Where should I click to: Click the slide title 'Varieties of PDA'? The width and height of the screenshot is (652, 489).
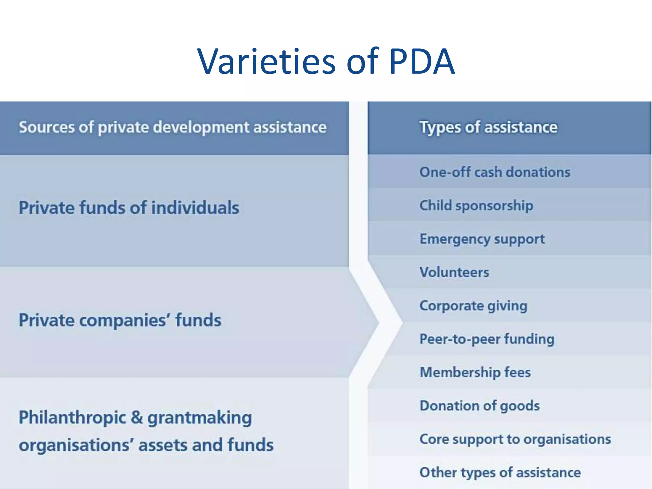326,61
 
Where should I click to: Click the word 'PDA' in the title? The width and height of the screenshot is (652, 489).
422,61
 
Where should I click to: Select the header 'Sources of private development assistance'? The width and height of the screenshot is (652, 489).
173,127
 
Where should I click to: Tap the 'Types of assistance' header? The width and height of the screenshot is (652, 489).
488,127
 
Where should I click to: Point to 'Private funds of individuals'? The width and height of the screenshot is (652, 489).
129,208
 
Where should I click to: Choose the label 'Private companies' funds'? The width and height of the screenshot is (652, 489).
120,320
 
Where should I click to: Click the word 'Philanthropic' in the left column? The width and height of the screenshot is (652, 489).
73,418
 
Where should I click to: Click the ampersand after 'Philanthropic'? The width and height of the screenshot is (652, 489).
137,418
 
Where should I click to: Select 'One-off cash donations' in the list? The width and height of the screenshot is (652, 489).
495,172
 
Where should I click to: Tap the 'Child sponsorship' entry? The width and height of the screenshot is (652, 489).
476,206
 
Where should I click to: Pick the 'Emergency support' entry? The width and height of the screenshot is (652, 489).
482,239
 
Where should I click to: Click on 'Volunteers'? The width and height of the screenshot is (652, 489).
454,273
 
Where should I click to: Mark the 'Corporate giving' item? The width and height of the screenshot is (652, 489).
473,306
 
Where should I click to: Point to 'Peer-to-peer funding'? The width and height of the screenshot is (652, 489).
487,339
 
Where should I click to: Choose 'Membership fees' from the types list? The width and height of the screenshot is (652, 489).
475,372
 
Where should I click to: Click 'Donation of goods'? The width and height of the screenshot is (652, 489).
479,406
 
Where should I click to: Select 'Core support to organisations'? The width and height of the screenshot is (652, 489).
515,439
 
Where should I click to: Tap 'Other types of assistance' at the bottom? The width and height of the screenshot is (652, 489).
500,472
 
